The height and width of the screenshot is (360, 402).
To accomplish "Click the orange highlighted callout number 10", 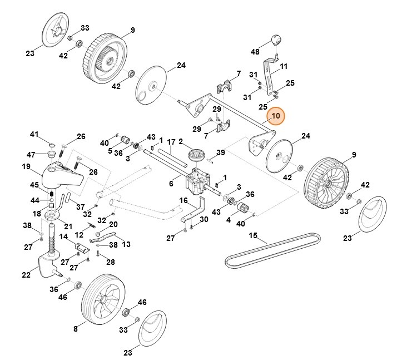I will (x=276, y=116).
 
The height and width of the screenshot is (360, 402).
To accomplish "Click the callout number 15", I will (x=253, y=236).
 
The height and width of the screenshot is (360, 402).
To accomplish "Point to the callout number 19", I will (x=26, y=166).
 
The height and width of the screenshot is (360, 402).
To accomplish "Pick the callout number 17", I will (x=171, y=142).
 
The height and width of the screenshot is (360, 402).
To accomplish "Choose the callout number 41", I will (x=34, y=135).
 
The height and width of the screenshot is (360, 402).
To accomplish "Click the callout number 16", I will (x=184, y=200).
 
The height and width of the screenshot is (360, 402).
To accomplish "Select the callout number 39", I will (x=220, y=152).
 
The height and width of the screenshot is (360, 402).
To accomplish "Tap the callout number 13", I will (x=126, y=244).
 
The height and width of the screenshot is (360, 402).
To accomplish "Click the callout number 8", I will (x=76, y=329).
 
